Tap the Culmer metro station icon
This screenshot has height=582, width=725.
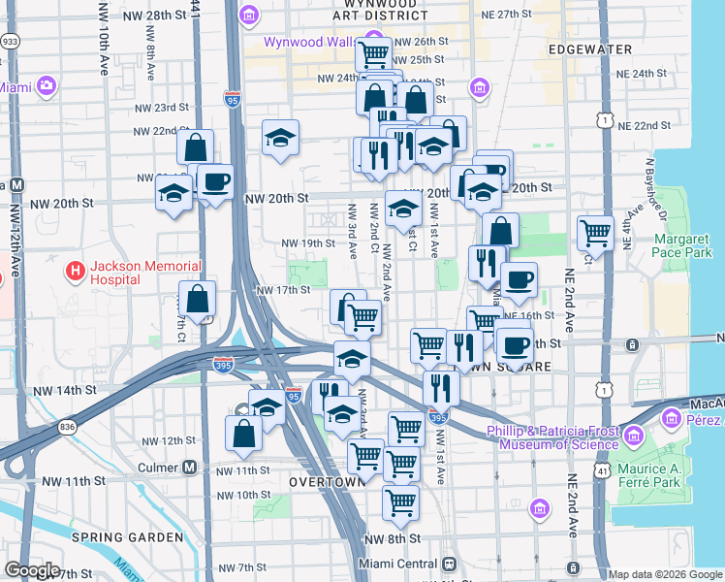pyautogui.click(x=190, y=467)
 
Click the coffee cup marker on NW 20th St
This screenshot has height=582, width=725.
pyautogui.click(x=215, y=181)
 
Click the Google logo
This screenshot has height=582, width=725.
pyautogui.click(x=32, y=570)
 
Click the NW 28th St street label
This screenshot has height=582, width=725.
pyautogui.click(x=155, y=16)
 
